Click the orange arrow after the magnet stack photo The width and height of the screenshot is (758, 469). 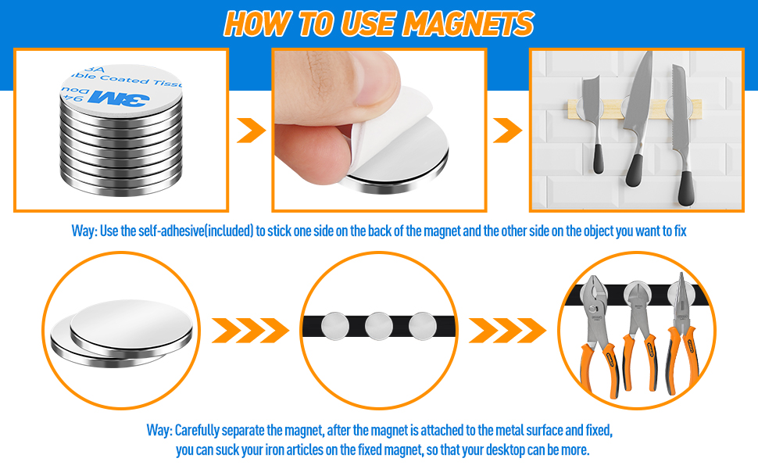[250, 131]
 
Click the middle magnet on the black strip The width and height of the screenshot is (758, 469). [378, 324]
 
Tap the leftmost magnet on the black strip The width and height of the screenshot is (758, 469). [336, 324]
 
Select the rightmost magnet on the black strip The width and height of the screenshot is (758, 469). [420, 324]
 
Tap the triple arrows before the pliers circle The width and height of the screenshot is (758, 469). [508, 331]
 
